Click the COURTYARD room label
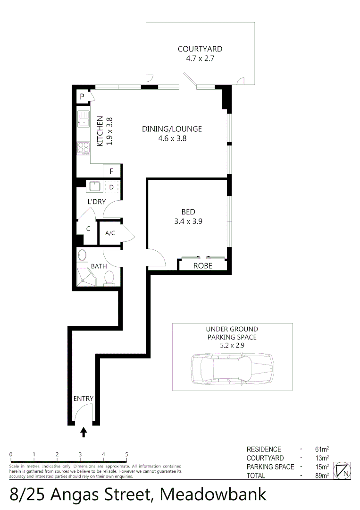coord(200,49)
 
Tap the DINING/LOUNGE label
coord(172,129)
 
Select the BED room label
coord(188,212)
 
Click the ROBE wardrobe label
coord(203,266)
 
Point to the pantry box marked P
coord(82,97)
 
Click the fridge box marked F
coord(112,171)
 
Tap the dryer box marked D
coord(111,187)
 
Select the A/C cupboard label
coord(110,233)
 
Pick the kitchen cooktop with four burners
coord(84,148)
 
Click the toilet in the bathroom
coord(109,278)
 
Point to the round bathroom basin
coord(82,255)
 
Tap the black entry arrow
coord(84,432)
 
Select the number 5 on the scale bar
coord(126,454)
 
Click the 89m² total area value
coord(322,476)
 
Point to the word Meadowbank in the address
coord(213,494)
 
